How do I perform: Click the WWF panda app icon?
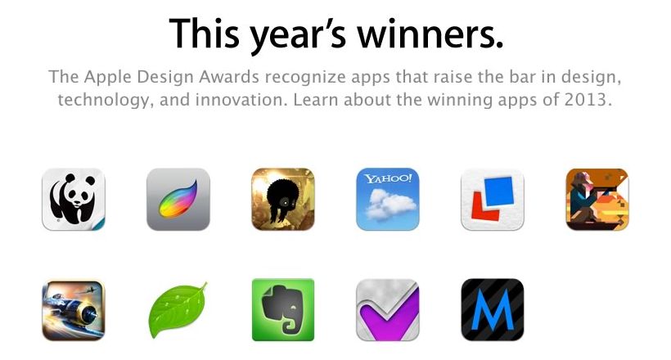73,199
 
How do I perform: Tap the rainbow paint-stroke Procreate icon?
178,199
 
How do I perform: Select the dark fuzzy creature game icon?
283,199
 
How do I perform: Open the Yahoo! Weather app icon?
388,199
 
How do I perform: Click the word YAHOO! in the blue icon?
388,178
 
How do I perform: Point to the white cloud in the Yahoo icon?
390,204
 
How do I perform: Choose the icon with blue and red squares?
492,199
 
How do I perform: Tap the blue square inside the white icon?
498,191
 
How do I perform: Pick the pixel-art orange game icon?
597,199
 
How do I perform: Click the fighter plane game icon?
73,310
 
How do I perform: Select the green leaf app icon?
178,310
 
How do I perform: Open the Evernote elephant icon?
283,310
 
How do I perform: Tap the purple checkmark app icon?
388,310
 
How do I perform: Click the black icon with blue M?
492,310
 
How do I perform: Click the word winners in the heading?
430,33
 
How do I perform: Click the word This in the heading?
205,33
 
